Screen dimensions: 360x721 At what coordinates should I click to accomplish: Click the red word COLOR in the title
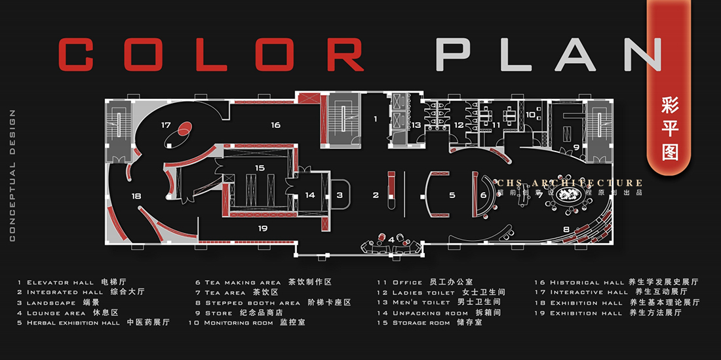(x=211, y=54)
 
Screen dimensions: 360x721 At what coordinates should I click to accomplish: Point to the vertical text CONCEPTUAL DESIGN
(x=12, y=176)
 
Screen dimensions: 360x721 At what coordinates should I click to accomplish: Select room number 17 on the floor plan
(x=166, y=125)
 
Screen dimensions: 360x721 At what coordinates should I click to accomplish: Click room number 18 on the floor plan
(x=136, y=195)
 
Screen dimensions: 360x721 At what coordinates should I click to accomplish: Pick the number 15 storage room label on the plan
(x=260, y=168)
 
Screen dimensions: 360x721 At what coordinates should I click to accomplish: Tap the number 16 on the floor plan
(x=275, y=125)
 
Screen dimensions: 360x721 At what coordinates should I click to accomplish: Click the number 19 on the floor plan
(x=263, y=228)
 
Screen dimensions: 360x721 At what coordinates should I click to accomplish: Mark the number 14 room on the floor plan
(x=310, y=195)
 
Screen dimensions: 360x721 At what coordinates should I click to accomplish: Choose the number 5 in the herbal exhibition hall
(x=452, y=195)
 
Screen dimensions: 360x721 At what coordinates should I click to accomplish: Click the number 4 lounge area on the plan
(x=392, y=239)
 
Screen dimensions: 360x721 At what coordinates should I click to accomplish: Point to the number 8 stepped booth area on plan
(x=566, y=229)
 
